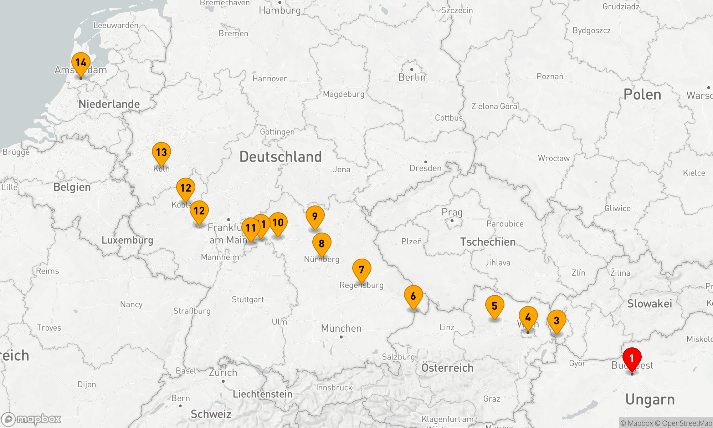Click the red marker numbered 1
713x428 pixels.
point(632,358)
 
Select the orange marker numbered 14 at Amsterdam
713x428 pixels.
point(81,63)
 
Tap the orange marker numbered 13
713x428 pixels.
point(161,153)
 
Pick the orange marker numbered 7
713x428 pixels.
point(361,270)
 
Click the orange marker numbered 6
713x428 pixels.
point(413,296)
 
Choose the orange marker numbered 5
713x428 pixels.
point(494,306)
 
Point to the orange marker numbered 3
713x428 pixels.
point(556,321)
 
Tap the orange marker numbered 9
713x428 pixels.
point(315,216)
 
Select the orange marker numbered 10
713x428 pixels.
point(278,223)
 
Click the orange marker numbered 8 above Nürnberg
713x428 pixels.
point(322,244)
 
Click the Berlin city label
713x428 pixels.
point(412,77)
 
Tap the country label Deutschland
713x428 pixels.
point(281,157)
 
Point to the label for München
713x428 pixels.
point(341,328)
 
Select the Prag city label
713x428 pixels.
point(452,213)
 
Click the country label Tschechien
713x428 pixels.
point(488,242)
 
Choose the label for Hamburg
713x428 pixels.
point(280,10)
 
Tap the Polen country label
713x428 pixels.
point(642,95)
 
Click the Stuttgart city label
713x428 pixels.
point(248,300)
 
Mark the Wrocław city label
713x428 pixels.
point(554,158)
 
